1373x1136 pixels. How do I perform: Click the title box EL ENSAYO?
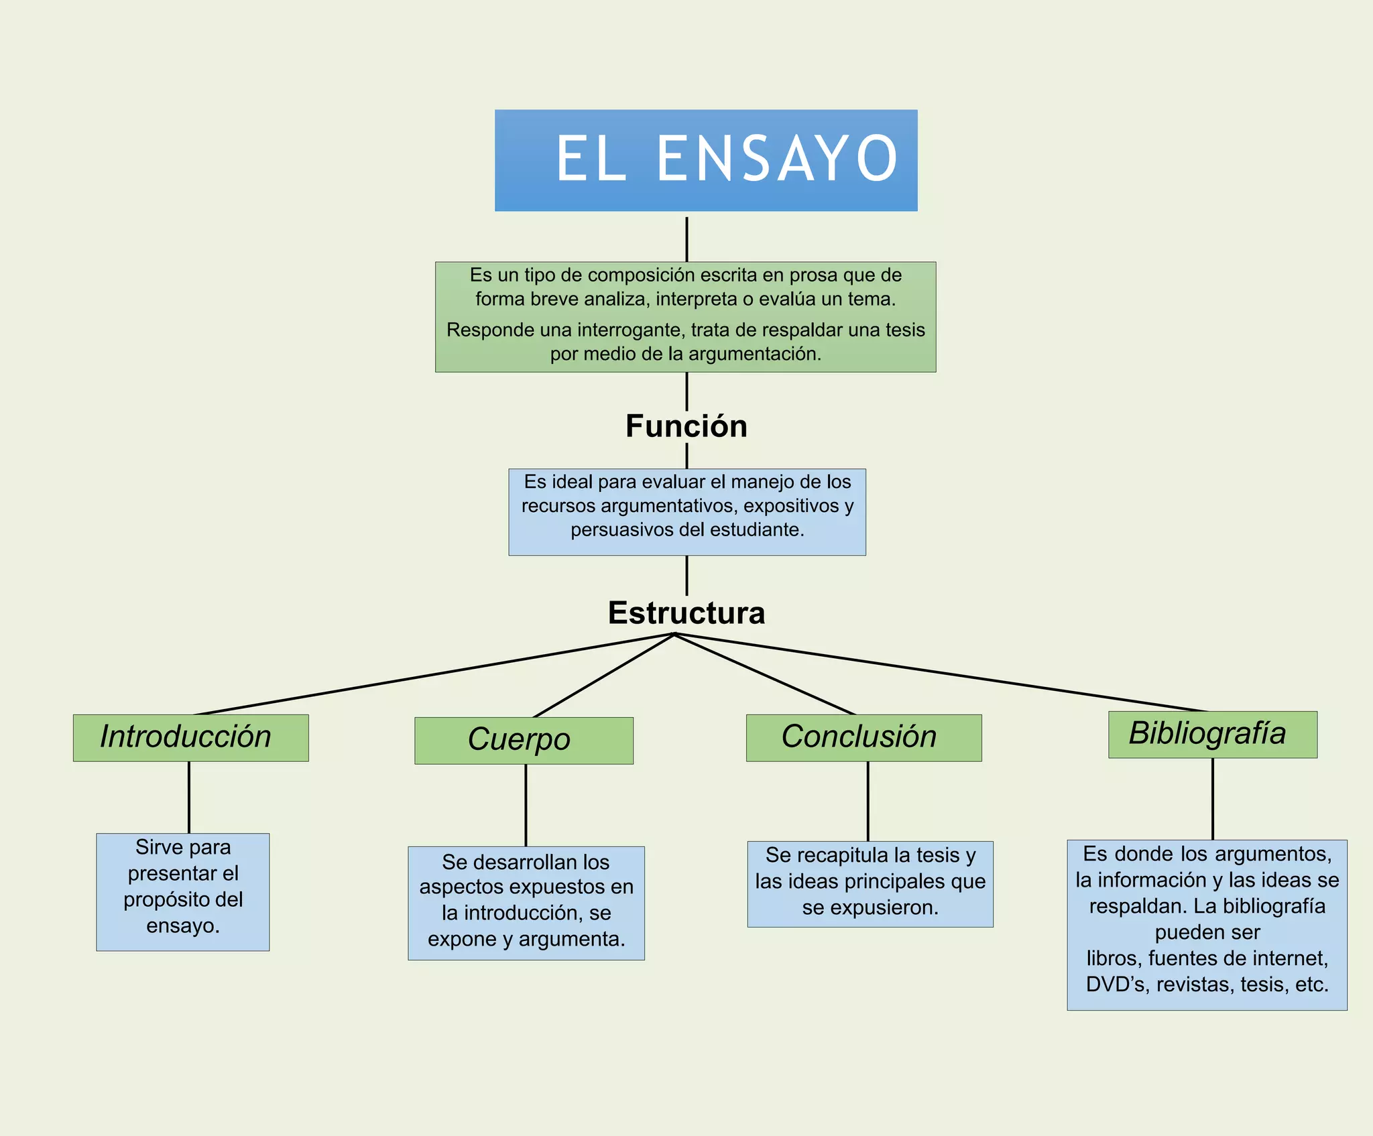point(706,160)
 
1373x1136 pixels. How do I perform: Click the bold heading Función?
point(686,426)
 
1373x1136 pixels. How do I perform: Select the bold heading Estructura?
point(686,613)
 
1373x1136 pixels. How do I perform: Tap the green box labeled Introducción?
point(190,737)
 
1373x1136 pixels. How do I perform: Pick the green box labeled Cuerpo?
point(524,741)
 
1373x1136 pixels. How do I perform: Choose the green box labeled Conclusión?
point(863,737)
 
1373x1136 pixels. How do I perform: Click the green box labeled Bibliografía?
point(1212,735)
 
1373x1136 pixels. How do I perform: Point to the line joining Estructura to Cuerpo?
point(603,676)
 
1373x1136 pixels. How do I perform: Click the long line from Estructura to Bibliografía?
point(939,672)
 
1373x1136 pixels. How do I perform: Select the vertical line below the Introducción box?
point(189,797)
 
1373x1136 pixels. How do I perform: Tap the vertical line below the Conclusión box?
point(868,801)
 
